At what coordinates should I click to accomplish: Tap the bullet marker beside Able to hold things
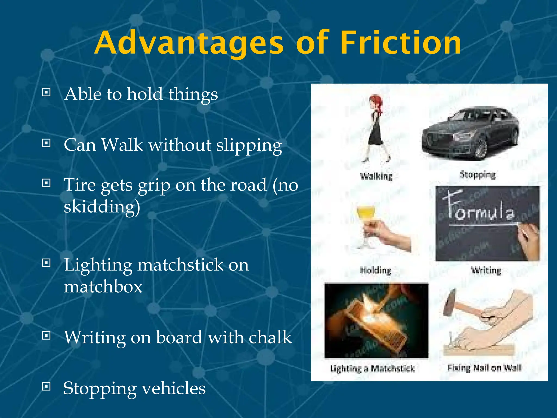(x=46, y=93)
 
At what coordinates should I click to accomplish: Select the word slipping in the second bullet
(x=249, y=145)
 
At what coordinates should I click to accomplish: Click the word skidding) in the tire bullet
(x=102, y=207)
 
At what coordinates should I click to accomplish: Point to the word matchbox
(x=103, y=287)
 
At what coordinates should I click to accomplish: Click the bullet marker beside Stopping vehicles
(x=46, y=386)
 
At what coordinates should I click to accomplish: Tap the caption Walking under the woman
(x=376, y=176)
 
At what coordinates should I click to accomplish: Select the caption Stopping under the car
(x=478, y=175)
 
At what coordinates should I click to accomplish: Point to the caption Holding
(x=376, y=271)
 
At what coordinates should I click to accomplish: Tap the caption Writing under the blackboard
(x=486, y=271)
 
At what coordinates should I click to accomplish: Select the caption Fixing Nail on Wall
(x=484, y=368)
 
